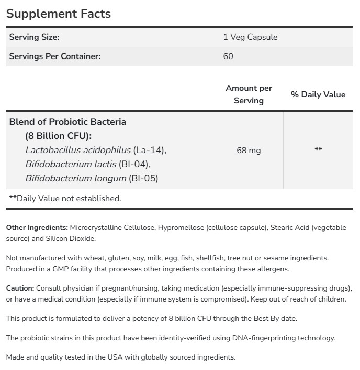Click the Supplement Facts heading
coord(59,14)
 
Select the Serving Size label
coord(34,37)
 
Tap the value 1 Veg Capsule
coord(250,37)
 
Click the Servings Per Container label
coord(54,56)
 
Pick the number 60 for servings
coord(228,56)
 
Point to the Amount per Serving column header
coord(249,95)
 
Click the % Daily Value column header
coord(318,95)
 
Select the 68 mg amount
coord(249,151)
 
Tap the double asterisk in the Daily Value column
coord(318,151)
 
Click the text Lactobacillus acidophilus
coord(77,151)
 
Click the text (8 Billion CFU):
coord(58,136)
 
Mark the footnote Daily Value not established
coord(65,199)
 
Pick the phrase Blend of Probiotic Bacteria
coord(67,122)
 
